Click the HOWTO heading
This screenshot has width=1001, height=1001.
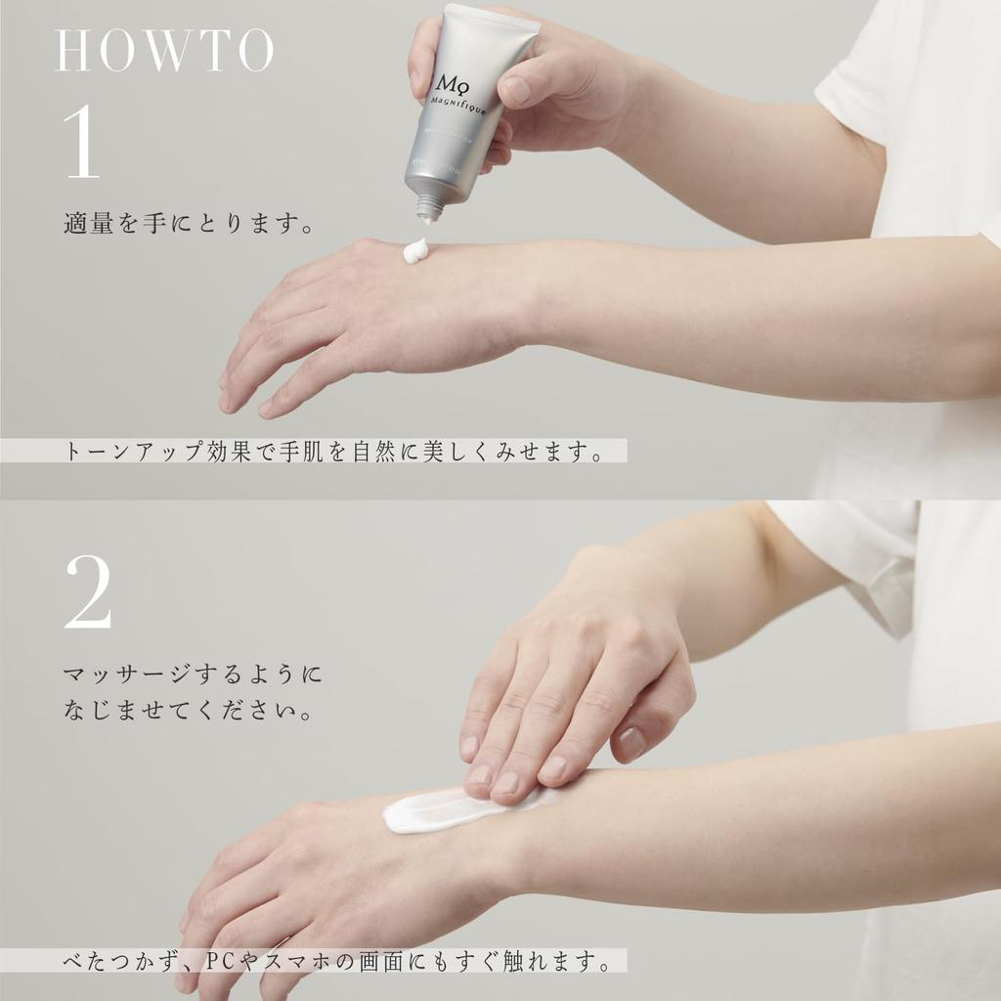tap(164, 52)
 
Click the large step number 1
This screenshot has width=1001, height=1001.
tap(83, 144)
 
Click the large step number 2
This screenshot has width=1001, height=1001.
tap(88, 592)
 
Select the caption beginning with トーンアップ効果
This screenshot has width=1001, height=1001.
tap(333, 452)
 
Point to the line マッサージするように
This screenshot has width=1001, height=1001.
tap(193, 675)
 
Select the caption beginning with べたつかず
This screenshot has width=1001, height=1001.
tap(333, 963)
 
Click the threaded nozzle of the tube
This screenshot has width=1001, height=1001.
tap(428, 206)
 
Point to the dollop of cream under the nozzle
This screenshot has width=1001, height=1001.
tap(415, 251)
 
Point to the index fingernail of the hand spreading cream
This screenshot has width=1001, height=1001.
tap(480, 774)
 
